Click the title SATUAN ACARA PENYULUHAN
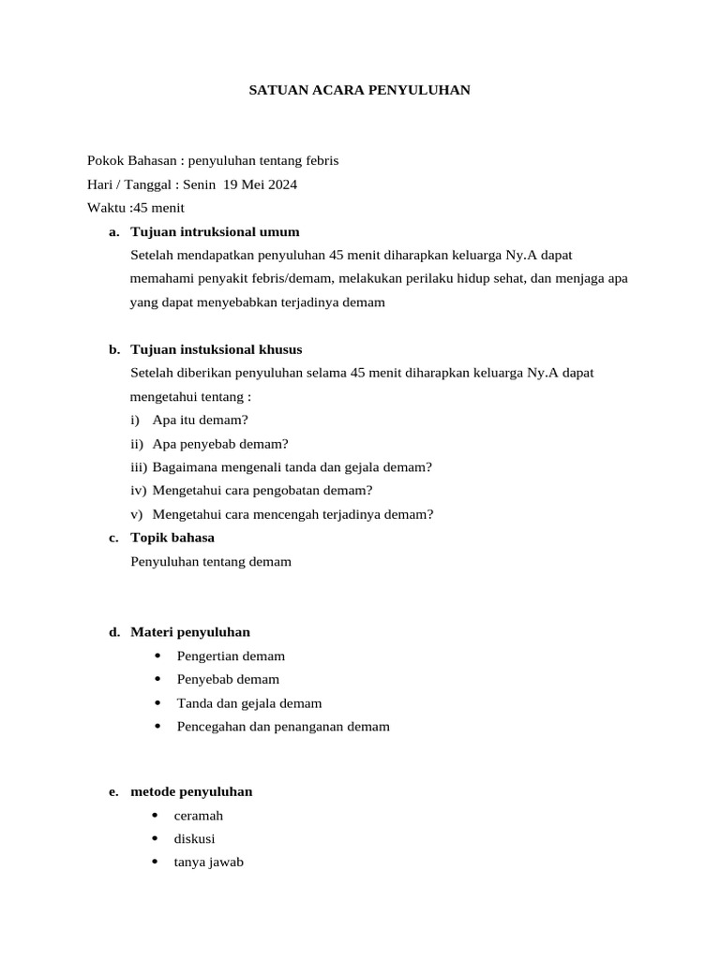pyautogui.click(x=359, y=90)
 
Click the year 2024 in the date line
pyautogui.click(x=282, y=184)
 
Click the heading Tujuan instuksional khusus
pyautogui.click(x=216, y=349)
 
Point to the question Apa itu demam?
pyautogui.click(x=200, y=420)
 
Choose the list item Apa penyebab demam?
pyautogui.click(x=220, y=444)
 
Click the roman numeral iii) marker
pyautogui.click(x=139, y=467)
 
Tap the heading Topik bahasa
pyautogui.click(x=172, y=538)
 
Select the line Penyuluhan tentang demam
pyautogui.click(x=211, y=562)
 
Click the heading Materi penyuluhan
pyautogui.click(x=190, y=632)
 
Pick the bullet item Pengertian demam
pyautogui.click(x=231, y=656)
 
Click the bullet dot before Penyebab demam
pyautogui.click(x=157, y=679)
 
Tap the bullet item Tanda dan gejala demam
pyautogui.click(x=248, y=703)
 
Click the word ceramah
pyautogui.click(x=198, y=816)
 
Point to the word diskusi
pyautogui.click(x=194, y=839)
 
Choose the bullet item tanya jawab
pyautogui.click(x=208, y=863)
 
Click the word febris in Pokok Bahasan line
pyautogui.click(x=321, y=160)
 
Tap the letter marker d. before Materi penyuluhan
pyautogui.click(x=114, y=632)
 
